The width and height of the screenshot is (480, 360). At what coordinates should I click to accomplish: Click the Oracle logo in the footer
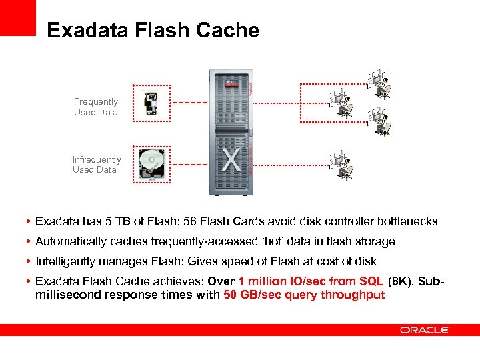pos(425,329)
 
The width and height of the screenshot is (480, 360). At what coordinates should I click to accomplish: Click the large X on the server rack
pos(231,161)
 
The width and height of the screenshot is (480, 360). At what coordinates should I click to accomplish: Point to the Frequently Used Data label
pos(96,107)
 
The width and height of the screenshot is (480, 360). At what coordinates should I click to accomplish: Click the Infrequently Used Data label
pos(97,165)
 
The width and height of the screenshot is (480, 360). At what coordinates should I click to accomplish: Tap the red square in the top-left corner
pos(17,17)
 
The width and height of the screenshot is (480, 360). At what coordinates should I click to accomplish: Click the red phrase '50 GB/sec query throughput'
pos(304,295)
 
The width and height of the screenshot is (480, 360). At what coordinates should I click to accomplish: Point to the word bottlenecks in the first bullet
pos(407,221)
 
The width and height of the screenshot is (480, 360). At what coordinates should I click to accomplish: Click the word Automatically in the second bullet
pos(71,241)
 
